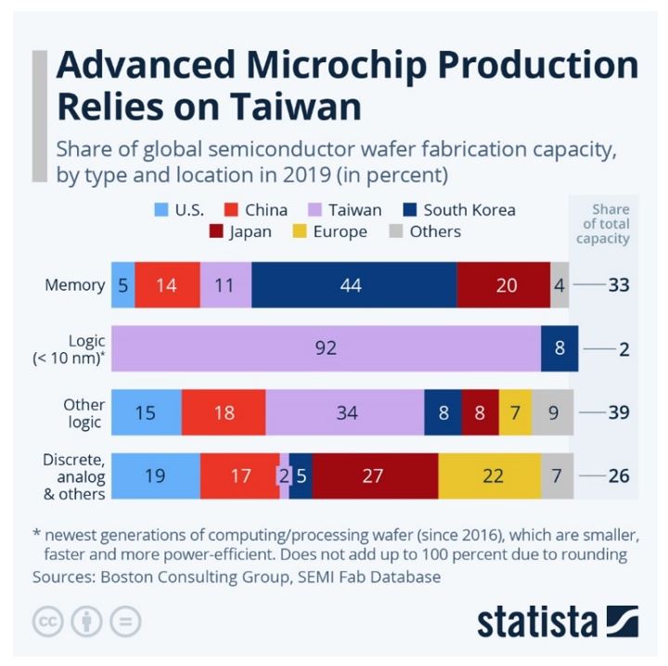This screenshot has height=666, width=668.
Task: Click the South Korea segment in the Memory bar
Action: [x=353, y=285]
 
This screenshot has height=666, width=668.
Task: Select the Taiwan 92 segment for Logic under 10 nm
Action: [x=326, y=348]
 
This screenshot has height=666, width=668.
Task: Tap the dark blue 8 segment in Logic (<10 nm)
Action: [x=559, y=348]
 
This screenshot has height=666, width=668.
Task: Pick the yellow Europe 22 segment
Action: [x=489, y=477]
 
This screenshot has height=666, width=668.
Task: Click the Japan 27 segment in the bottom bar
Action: [x=375, y=477]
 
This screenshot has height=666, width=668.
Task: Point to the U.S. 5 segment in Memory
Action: [x=122, y=285]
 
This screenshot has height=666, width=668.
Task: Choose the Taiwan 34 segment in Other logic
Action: [x=344, y=412]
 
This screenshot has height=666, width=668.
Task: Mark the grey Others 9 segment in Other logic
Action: [x=553, y=412]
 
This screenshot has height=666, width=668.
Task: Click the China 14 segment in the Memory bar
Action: [x=167, y=285]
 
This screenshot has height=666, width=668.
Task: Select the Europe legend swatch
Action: [x=299, y=231]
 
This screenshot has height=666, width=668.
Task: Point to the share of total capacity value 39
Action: [x=618, y=412]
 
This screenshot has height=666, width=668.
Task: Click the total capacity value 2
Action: [x=624, y=349]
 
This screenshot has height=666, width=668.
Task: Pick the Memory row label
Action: [x=74, y=285]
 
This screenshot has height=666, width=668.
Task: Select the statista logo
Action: [x=558, y=620]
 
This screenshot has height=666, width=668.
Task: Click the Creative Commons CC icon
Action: [x=47, y=621]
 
